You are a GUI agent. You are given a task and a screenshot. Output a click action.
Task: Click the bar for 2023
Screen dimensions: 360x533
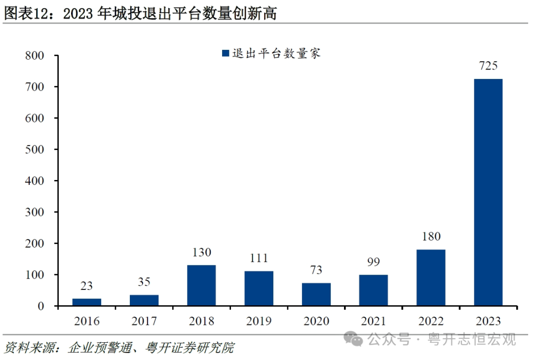[x=488, y=192]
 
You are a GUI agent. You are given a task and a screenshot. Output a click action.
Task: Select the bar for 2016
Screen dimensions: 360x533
[x=86, y=302]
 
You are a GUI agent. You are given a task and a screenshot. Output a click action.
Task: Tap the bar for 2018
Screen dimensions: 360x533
[x=201, y=286]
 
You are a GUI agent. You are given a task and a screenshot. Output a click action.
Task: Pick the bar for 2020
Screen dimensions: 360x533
[x=316, y=294]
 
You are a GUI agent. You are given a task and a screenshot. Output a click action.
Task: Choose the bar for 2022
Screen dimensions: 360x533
[x=431, y=278]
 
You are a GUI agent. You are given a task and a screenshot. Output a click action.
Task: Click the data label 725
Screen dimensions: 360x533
[x=488, y=66]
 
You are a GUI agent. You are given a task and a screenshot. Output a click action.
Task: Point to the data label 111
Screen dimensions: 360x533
[x=259, y=258]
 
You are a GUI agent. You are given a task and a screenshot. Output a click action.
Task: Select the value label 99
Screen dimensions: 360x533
[x=374, y=262]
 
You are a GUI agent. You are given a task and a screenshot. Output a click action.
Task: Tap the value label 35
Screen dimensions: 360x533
[x=144, y=282]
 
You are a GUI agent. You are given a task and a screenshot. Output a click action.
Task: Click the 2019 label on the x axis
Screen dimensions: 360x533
[x=259, y=322]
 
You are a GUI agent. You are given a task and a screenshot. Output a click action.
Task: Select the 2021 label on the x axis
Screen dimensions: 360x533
[x=374, y=322]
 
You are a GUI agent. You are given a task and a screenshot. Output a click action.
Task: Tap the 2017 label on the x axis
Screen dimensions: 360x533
[x=144, y=322]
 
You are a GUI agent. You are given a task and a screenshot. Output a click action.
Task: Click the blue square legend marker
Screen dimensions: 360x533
[x=226, y=53]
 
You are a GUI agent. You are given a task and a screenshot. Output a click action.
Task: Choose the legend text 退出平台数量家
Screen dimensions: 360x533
[x=277, y=53]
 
